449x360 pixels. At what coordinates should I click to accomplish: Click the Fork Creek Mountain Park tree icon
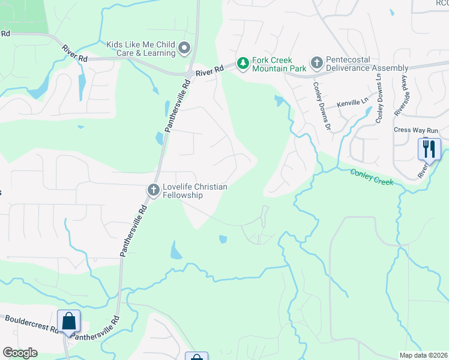pos(243,63)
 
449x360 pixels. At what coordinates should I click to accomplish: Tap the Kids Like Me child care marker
pos(184,47)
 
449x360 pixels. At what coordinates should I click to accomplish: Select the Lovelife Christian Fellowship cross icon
pos(153,190)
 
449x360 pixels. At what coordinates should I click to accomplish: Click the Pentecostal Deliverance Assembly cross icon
pos(316,62)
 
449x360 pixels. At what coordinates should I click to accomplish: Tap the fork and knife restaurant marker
pos(429,148)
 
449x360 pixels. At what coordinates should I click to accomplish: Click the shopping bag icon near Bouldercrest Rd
pos(69,320)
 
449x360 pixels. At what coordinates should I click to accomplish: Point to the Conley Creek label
pos(372,176)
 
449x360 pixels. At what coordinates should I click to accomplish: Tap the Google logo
pos(20,353)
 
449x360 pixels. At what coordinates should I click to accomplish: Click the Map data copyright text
pos(423,355)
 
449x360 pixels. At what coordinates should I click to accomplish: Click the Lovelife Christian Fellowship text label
pos(195,191)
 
